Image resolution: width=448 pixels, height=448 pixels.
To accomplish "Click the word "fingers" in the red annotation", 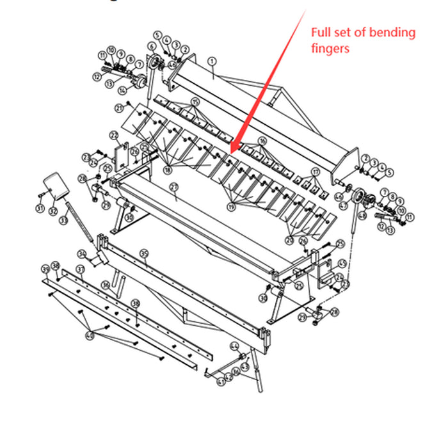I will [x=330, y=48].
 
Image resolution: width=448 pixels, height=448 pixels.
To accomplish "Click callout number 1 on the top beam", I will [x=212, y=61].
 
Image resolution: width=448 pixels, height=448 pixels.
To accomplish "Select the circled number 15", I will [x=195, y=102].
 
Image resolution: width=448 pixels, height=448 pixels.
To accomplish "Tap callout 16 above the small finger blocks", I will [x=262, y=140].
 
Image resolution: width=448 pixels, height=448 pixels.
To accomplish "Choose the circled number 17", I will [x=315, y=172].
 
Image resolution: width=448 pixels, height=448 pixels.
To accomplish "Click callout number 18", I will [x=168, y=170].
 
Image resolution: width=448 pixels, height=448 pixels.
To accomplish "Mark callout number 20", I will [x=290, y=239].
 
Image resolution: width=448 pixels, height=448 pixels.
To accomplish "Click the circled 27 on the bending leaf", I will [x=173, y=186].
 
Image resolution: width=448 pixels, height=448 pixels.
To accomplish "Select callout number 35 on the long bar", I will [x=144, y=253].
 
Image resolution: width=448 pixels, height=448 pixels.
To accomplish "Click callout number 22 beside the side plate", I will [x=114, y=136].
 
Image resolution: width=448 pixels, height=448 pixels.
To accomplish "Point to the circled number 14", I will [x=122, y=91].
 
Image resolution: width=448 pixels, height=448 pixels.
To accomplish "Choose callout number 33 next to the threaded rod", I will [x=63, y=220].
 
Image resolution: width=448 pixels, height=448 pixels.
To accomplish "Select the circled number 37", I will [x=81, y=269].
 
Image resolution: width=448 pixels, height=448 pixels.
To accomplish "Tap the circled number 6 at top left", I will [x=151, y=46].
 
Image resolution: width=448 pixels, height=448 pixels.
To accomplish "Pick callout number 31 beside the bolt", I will [x=40, y=209].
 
